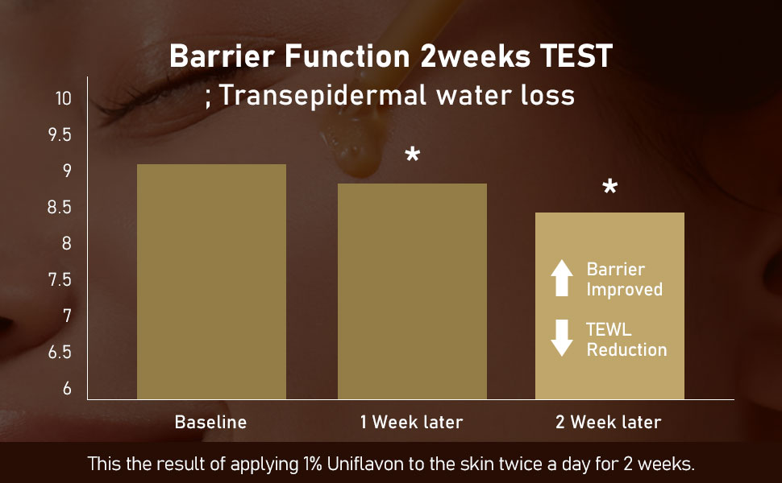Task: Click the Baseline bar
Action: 211,281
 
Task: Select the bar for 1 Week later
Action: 413,291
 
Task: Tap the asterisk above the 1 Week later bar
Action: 413,155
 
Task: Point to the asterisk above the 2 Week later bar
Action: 610,187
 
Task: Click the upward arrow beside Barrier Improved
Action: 562,278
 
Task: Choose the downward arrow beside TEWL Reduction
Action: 562,337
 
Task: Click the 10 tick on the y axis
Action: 64,98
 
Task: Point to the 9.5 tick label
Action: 60,135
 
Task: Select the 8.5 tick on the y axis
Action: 60,207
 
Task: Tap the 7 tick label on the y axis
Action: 68,316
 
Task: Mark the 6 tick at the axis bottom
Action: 68,388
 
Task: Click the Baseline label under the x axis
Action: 211,423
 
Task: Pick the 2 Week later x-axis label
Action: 609,423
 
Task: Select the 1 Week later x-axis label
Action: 411,423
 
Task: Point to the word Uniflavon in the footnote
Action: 365,464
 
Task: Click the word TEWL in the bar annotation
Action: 609,329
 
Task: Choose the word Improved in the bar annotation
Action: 625,290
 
